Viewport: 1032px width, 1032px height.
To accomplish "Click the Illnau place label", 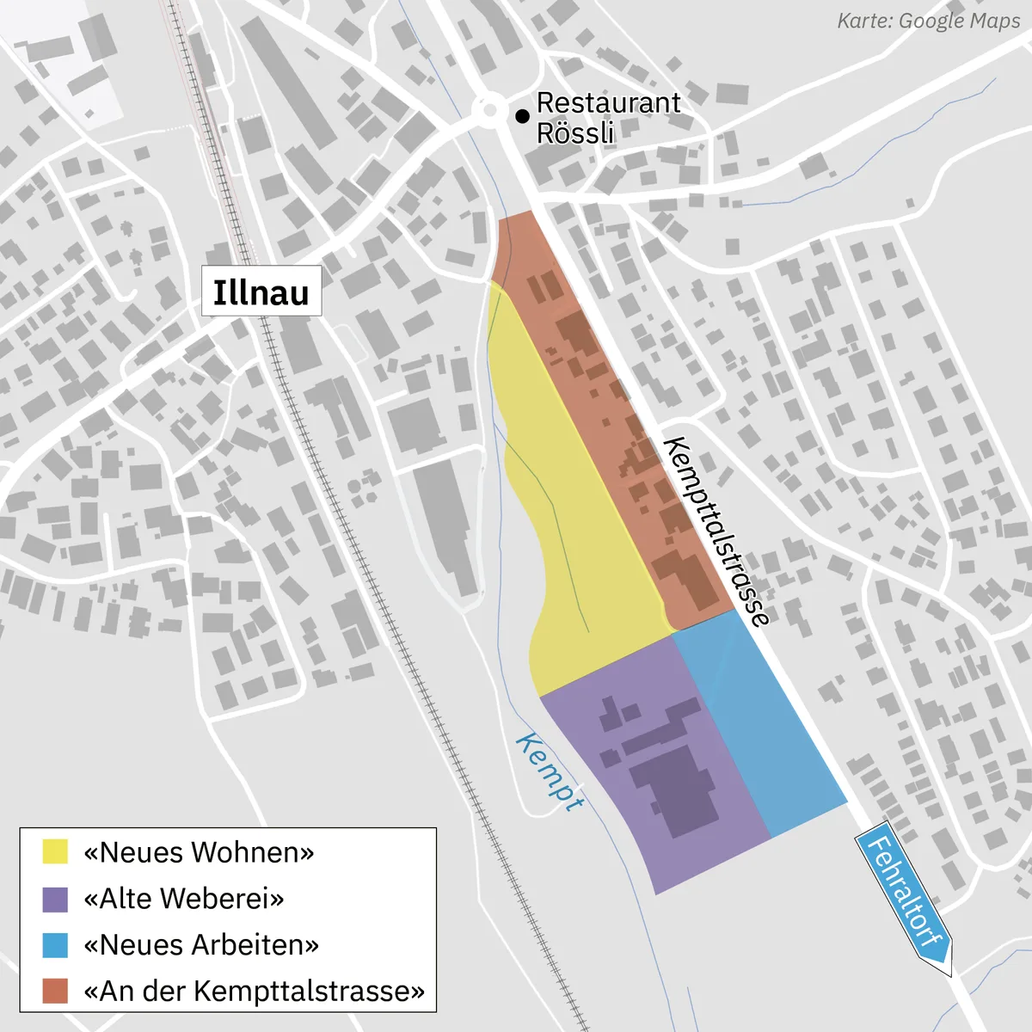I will pyautogui.click(x=261, y=292).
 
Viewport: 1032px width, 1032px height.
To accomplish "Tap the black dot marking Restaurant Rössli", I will pyautogui.click(x=522, y=116).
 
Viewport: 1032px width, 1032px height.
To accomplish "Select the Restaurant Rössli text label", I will pyautogui.click(x=607, y=118).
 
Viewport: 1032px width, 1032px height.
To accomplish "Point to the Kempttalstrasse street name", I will pyautogui.click(x=716, y=531).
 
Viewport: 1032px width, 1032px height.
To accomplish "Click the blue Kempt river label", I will pyautogui.click(x=550, y=771).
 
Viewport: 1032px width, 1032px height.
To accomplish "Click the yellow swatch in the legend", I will pyautogui.click(x=55, y=852).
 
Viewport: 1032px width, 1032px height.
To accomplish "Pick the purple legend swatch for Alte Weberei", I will pyautogui.click(x=55, y=899).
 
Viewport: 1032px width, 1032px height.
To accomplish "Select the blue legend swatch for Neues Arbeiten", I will pyautogui.click(x=55, y=945).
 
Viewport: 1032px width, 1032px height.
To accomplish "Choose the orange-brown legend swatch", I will pyautogui.click(x=55, y=991).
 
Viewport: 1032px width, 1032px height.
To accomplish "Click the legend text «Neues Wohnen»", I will pyautogui.click(x=199, y=852).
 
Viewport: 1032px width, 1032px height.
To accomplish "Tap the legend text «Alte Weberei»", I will pyautogui.click(x=183, y=899).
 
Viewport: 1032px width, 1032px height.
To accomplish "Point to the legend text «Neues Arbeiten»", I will pyautogui.click(x=201, y=945).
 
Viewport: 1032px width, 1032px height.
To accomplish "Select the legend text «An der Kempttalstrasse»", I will pyautogui.click(x=254, y=991).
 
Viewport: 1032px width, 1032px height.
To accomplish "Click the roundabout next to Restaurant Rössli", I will pyautogui.click(x=491, y=110).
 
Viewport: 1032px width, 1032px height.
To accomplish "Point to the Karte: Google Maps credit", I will pyautogui.click(x=929, y=21).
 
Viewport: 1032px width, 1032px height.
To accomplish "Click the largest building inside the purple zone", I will pyautogui.click(x=675, y=787).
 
